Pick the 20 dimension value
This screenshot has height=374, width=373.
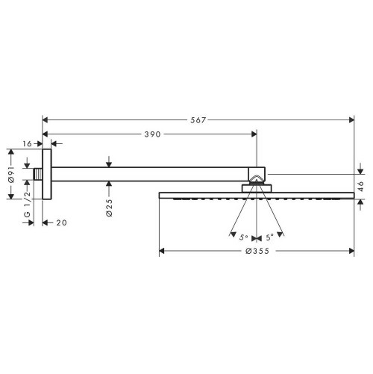pyautogui.click(x=62, y=222)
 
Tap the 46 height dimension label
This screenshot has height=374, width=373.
pyautogui.click(x=362, y=186)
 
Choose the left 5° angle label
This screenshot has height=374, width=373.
pyautogui.click(x=243, y=237)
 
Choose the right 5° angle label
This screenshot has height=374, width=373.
pyautogui.click(x=269, y=237)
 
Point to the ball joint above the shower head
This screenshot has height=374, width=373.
pyautogui.click(x=256, y=178)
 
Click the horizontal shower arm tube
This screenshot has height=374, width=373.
pyautogui.click(x=149, y=173)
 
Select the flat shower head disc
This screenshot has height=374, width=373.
pyautogui.click(x=256, y=196)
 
